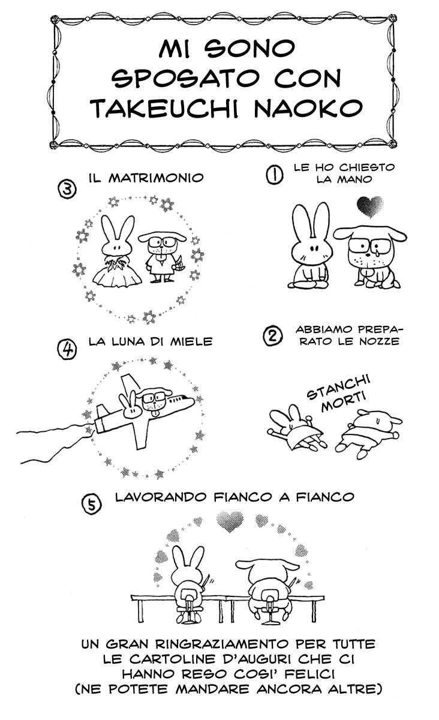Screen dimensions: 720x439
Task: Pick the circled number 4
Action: coord(67,349)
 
